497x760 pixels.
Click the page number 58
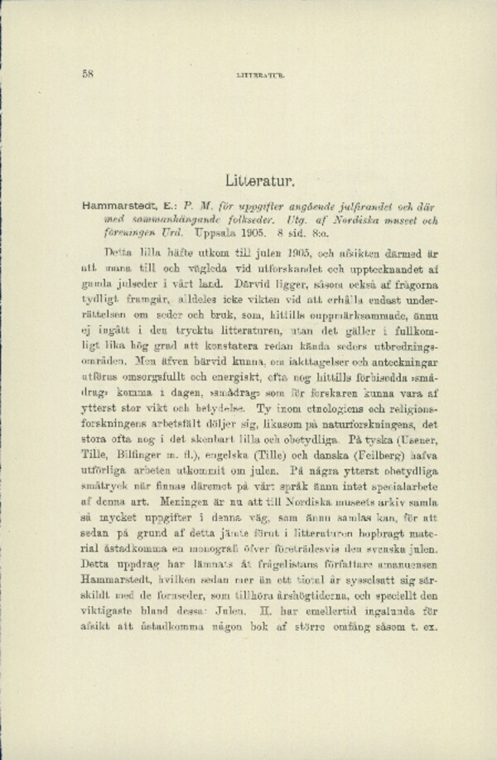(89, 73)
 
